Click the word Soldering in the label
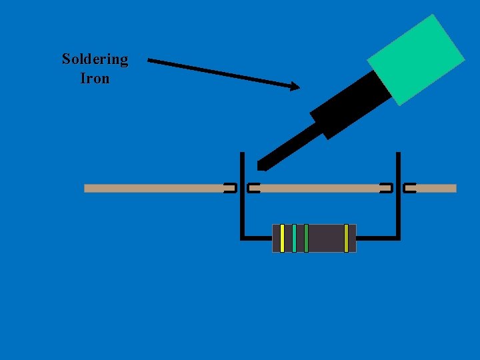pos(95,59)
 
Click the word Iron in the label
pos(95,78)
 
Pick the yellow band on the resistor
pos(283,238)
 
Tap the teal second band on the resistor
pos(294,238)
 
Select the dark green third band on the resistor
pos(306,238)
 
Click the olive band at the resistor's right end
pos(346,238)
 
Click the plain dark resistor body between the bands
pos(326,238)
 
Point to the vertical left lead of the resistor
pos(241,200)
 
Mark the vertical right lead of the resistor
pos(398,200)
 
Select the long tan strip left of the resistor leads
pos(153,188)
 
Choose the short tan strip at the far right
pos(437,188)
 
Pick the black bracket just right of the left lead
pos(253,188)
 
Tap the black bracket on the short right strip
pos(409,188)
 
